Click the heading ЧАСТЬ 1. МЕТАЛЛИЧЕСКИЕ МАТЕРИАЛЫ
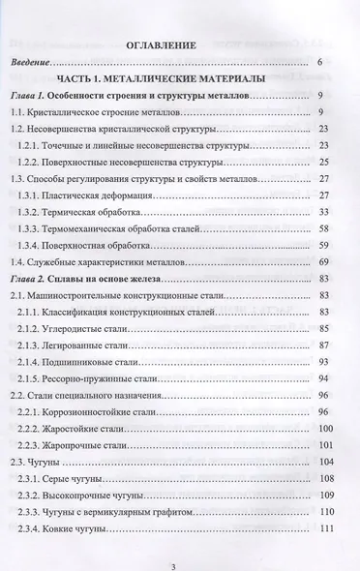pyautogui.click(x=180, y=78)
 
